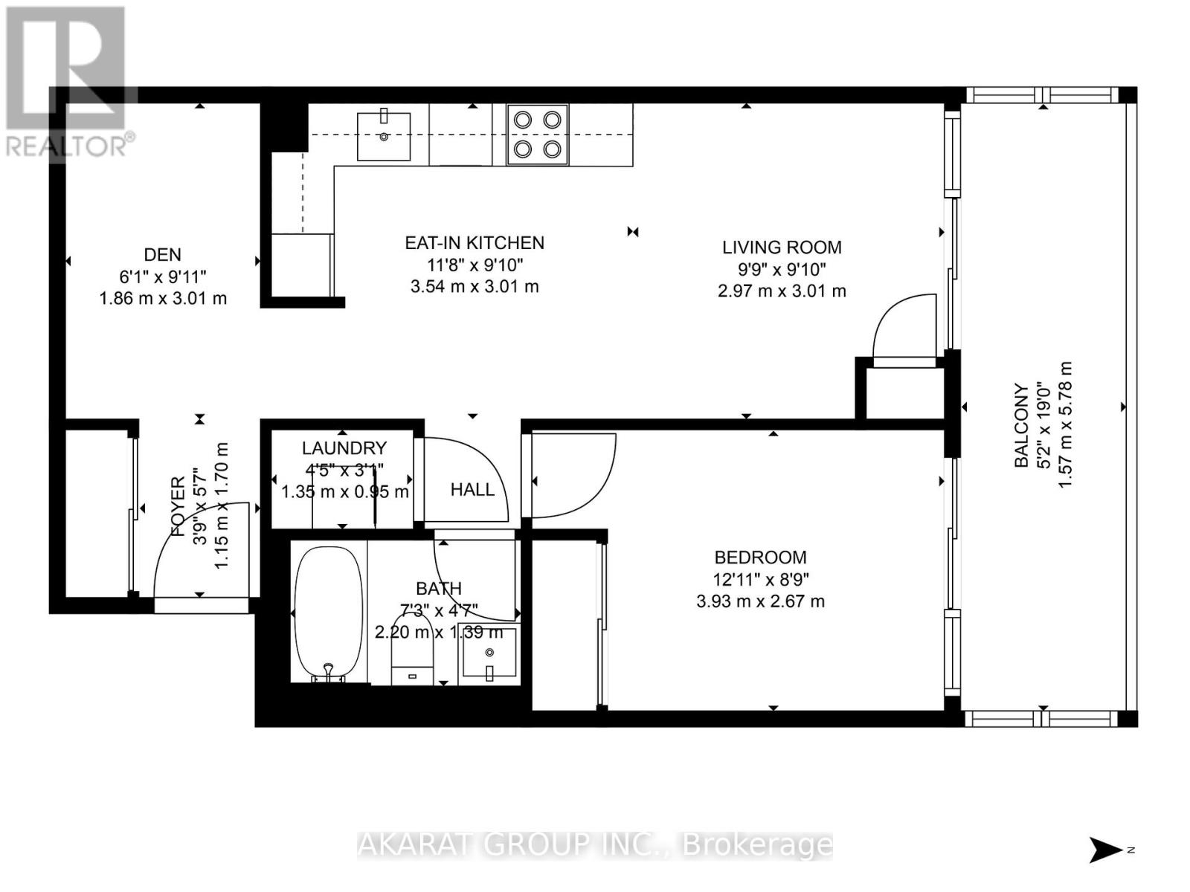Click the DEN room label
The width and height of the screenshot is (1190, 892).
click(x=162, y=255)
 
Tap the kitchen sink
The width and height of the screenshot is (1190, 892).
click(x=384, y=136)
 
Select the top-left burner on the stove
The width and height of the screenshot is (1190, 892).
click(x=523, y=119)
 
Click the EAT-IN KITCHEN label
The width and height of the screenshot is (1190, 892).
click(x=475, y=243)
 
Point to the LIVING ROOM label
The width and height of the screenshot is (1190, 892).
click(x=782, y=248)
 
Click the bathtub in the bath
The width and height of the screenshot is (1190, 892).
click(x=329, y=615)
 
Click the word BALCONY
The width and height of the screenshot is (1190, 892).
click(x=1022, y=425)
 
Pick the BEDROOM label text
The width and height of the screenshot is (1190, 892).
click(x=760, y=557)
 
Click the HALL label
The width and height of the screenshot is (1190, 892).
click(x=472, y=490)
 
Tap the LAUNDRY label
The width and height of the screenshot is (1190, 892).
click(x=344, y=448)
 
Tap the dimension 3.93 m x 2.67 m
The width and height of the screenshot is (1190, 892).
click(x=760, y=601)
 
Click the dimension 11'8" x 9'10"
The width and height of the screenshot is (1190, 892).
click(x=475, y=265)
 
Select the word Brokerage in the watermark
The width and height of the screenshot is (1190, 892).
click(x=757, y=845)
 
